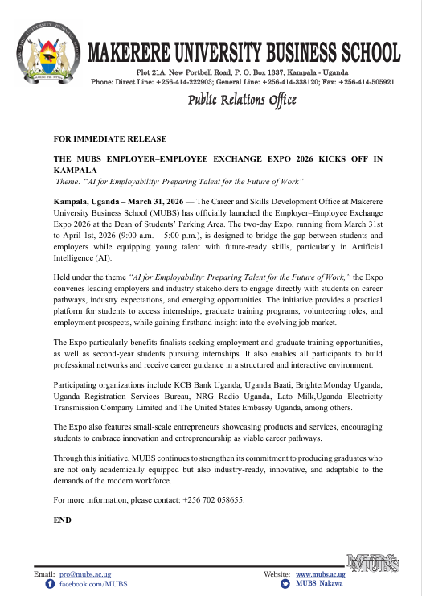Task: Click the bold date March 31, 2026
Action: click(172, 199)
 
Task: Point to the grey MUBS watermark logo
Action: click(373, 563)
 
